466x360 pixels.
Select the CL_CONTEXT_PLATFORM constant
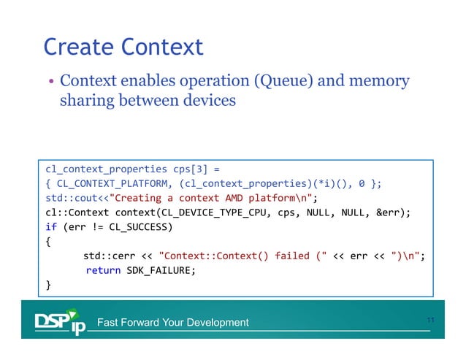point(115,183)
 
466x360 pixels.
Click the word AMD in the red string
point(236,198)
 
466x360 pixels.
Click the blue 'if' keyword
point(50,227)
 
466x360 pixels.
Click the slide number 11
point(429,320)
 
